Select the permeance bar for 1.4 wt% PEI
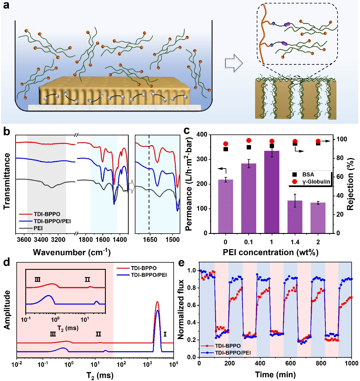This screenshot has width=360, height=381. tap(295, 217)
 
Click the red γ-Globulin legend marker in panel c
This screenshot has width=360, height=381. tap(294, 182)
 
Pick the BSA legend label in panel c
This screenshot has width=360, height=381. tap(308, 175)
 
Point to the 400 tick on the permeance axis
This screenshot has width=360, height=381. tap(202, 135)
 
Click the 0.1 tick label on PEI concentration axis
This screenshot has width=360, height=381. tap(248, 242)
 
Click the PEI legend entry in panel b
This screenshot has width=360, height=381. tap(38, 228)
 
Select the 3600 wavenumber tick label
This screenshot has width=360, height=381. tap(24, 240)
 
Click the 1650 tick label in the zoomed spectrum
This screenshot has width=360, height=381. tap(150, 240)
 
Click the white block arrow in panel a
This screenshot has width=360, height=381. tap(233, 63)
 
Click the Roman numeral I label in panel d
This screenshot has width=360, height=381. tap(165, 334)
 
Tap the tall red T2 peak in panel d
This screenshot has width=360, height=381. tap(157, 302)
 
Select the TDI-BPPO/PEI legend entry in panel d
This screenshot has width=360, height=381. tap(149, 275)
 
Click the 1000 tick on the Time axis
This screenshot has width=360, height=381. tap(352, 363)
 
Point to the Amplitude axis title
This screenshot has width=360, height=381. tap(7, 310)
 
